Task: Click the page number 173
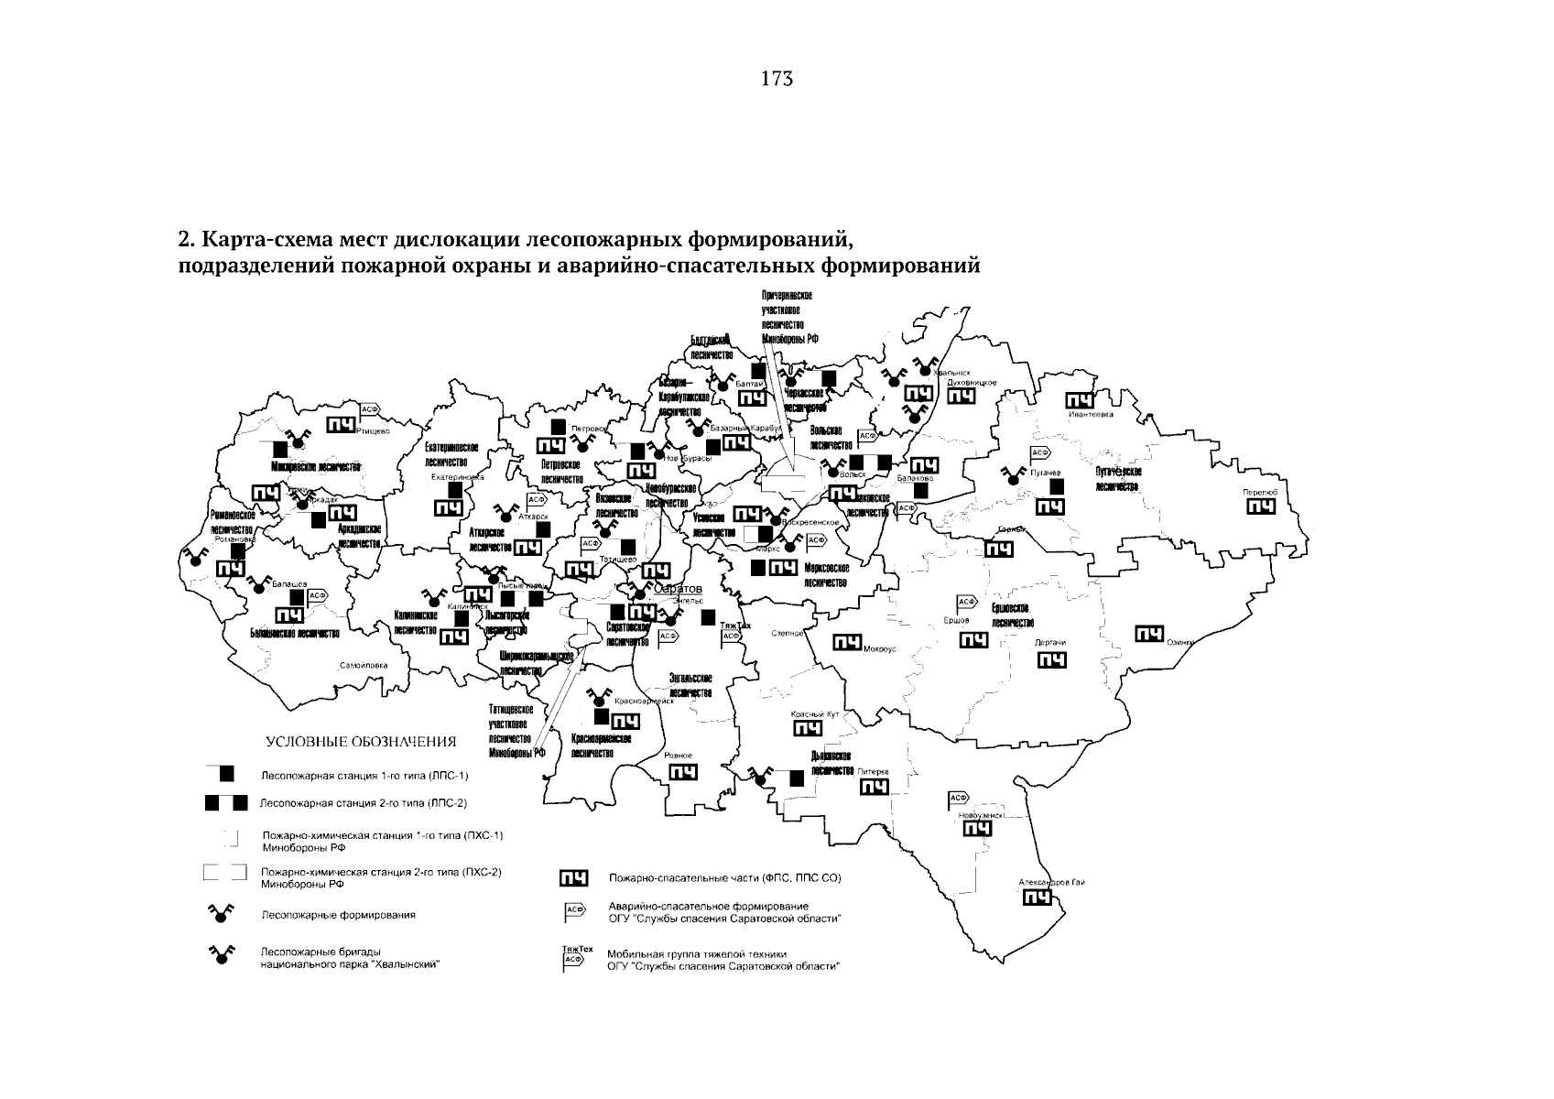point(776,79)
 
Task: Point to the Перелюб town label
point(1260,493)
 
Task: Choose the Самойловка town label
point(364,665)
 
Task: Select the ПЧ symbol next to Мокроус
point(845,643)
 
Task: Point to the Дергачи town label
point(1049,643)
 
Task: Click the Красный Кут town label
point(814,714)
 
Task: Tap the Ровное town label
point(679,755)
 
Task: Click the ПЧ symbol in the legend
point(574,879)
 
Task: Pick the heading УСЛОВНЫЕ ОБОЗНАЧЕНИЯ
point(360,741)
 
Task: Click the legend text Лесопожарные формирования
point(339,914)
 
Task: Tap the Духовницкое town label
point(972,382)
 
